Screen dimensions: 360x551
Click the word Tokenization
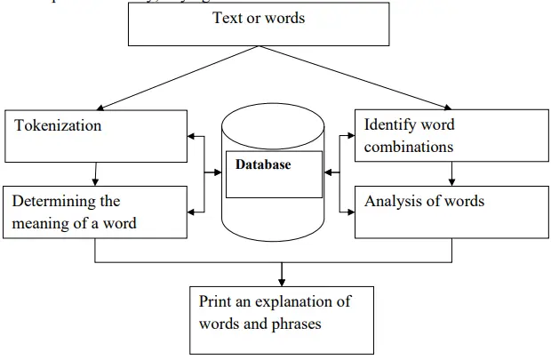[59, 126]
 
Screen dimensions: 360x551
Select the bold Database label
[263, 164]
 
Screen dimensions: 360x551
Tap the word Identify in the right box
[390, 124]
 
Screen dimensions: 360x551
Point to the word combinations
[409, 146]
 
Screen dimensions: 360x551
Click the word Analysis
[394, 201]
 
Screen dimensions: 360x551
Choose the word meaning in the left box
[43, 222]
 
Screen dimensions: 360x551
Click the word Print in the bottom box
[216, 302]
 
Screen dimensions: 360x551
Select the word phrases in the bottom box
[297, 324]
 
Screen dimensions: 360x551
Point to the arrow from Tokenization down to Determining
[95, 174]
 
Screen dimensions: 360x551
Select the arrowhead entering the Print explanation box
[282, 280]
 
